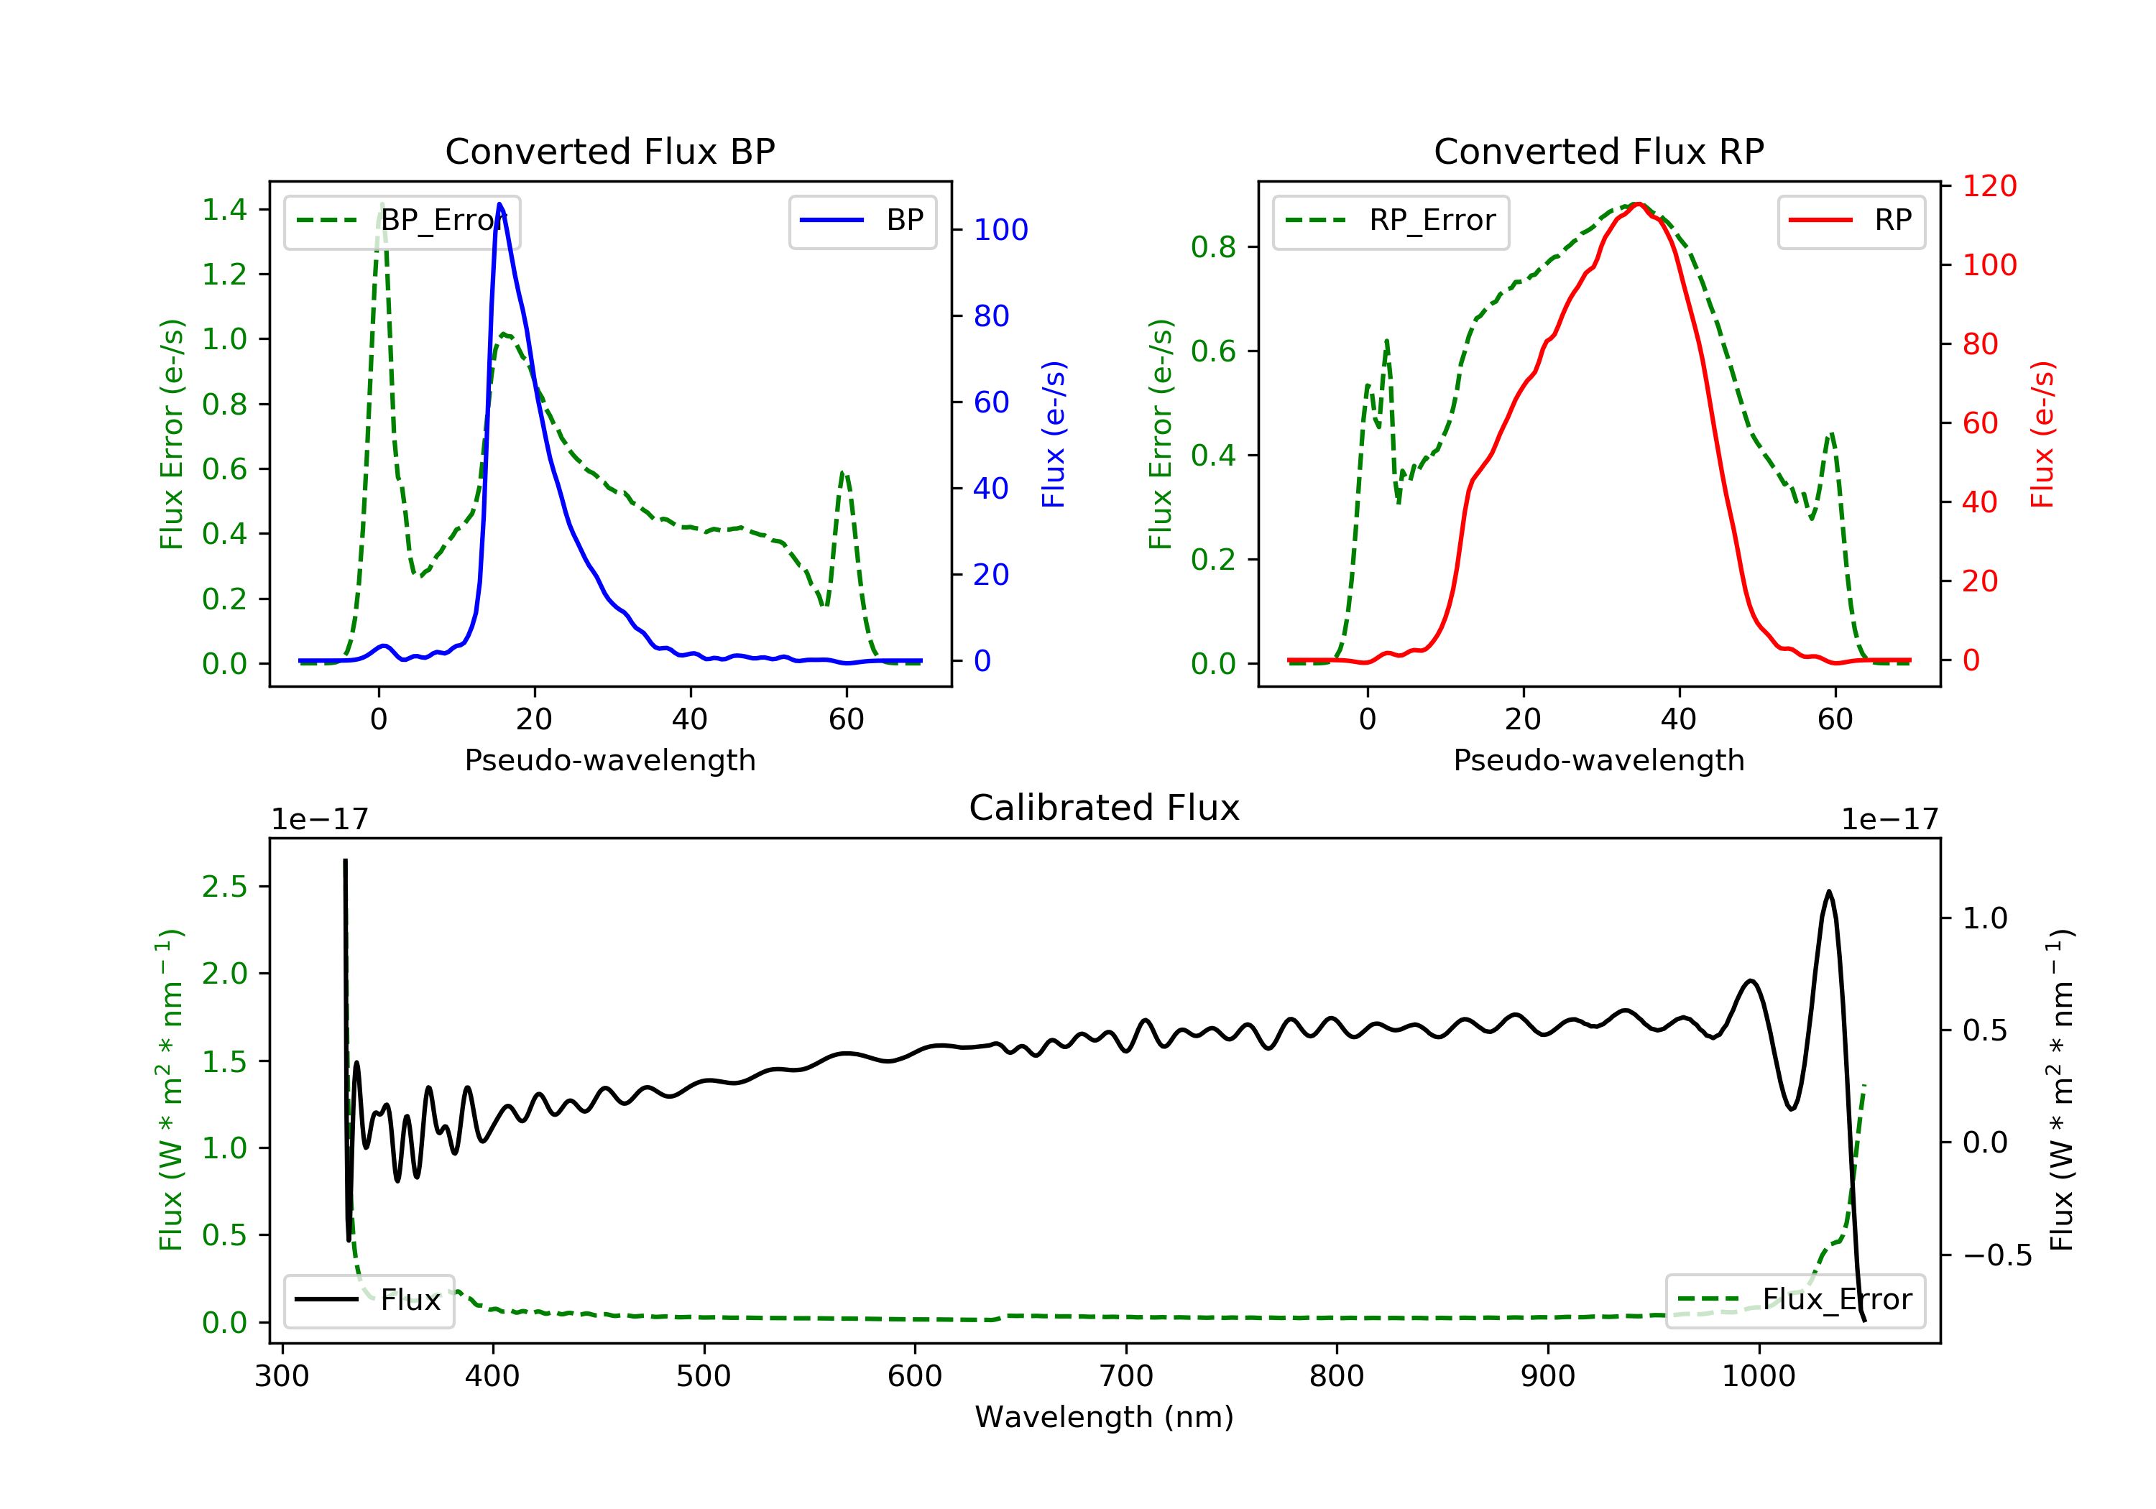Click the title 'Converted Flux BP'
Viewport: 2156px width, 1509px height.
[x=609, y=151]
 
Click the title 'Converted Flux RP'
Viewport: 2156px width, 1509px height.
[x=1598, y=151]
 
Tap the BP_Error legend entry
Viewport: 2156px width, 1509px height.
[x=402, y=221]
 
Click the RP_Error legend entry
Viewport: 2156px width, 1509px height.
[x=1391, y=221]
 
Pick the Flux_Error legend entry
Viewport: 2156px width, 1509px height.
[x=1795, y=1300]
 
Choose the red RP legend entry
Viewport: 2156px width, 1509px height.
[x=1851, y=221]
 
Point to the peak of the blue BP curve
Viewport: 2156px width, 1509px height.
[x=499, y=204]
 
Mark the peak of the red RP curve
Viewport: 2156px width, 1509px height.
[x=1636, y=204]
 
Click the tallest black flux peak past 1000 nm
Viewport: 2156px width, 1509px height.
[x=1828, y=891]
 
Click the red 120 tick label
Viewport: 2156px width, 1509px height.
[x=1990, y=186]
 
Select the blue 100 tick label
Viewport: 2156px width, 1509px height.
[x=1001, y=230]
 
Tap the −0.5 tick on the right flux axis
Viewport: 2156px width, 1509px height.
[x=1997, y=1255]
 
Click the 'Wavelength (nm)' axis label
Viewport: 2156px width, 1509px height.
[x=1105, y=1417]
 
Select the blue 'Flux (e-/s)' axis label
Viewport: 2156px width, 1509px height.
[x=1054, y=435]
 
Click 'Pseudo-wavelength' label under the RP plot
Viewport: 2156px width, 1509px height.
[x=1598, y=760]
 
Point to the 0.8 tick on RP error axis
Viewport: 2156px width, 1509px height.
[x=1213, y=247]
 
